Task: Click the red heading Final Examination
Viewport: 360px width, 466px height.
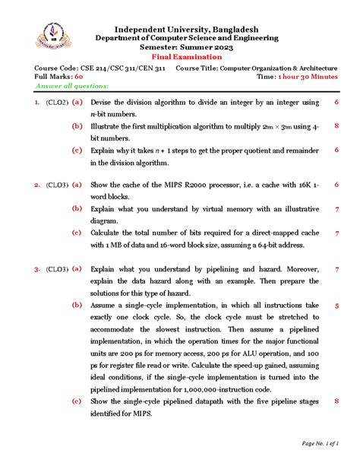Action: click(x=179, y=57)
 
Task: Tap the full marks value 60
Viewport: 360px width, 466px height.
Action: click(x=78, y=78)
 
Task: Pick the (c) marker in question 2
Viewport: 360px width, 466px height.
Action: click(x=77, y=233)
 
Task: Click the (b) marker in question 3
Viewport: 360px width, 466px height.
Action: click(x=77, y=305)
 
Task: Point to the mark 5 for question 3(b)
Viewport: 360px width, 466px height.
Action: click(x=336, y=305)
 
